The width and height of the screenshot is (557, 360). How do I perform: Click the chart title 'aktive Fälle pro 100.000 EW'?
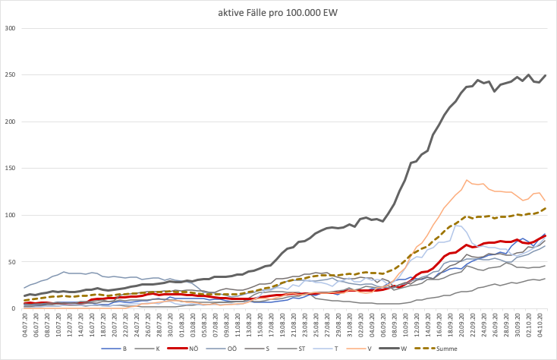coord(278,13)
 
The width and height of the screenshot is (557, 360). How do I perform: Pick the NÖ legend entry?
coord(190,349)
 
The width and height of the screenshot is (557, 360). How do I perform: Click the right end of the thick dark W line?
coord(546,75)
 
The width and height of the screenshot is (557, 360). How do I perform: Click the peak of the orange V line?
coord(467,181)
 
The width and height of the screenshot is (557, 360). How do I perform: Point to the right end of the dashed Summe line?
coord(546,208)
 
